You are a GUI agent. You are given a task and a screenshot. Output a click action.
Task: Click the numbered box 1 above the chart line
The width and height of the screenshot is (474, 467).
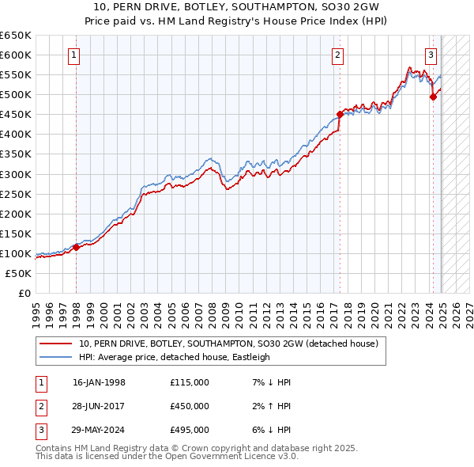pyautogui.click(x=73, y=55)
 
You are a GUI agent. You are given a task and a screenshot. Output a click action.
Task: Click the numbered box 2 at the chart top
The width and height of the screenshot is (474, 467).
pyautogui.click(x=337, y=55)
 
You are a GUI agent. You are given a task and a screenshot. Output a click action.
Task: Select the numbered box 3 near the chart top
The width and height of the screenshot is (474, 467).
pyautogui.click(x=431, y=55)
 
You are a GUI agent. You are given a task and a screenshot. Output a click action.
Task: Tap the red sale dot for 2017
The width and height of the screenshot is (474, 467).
pyautogui.click(x=340, y=113)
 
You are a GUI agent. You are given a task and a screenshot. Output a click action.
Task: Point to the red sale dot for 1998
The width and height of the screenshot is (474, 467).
pyautogui.click(x=77, y=247)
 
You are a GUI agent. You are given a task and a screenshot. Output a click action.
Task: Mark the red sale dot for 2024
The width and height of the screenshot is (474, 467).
pyautogui.click(x=433, y=97)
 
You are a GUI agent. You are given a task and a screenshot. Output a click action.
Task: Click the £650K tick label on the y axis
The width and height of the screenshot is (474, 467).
pyautogui.click(x=16, y=36)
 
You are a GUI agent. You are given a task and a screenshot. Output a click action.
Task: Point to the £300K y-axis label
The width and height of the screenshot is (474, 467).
pyautogui.click(x=16, y=174)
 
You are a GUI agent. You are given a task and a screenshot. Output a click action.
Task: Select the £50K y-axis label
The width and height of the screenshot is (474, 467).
pyautogui.click(x=19, y=273)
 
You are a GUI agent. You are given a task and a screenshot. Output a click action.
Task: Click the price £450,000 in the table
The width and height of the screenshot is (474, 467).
pyautogui.click(x=190, y=406)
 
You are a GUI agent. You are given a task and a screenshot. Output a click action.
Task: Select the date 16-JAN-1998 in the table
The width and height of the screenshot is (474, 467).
pyautogui.click(x=99, y=382)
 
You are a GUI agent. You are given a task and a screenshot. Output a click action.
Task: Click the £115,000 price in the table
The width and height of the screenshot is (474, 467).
pyautogui.click(x=190, y=382)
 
